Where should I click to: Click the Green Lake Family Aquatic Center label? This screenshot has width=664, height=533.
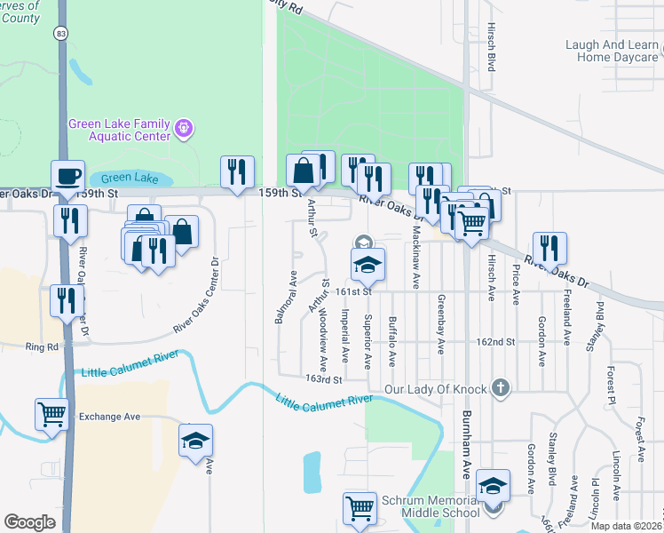pyautogui.click(x=121, y=131)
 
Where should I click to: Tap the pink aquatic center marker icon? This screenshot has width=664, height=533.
pyautogui.click(x=184, y=130)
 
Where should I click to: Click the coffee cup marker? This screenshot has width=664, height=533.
pyautogui.click(x=67, y=175)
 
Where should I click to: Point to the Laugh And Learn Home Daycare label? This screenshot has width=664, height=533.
pyautogui.click(x=613, y=51)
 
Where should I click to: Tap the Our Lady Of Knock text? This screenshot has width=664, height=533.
pyautogui.click(x=437, y=389)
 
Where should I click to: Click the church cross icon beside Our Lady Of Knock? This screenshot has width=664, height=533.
pyautogui.click(x=501, y=388)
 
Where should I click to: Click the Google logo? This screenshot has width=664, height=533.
pyautogui.click(x=30, y=522)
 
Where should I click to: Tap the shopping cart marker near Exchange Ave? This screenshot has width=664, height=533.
pyautogui.click(x=51, y=413)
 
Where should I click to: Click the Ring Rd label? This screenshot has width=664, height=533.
pyautogui.click(x=41, y=346)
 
